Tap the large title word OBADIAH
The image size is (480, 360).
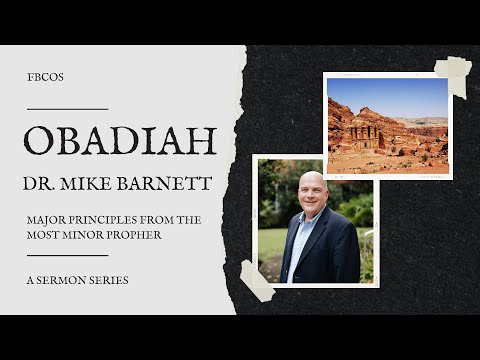click(x=120, y=141)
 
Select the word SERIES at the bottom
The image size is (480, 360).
click(x=109, y=279)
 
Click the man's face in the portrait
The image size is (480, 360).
click(x=311, y=194)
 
